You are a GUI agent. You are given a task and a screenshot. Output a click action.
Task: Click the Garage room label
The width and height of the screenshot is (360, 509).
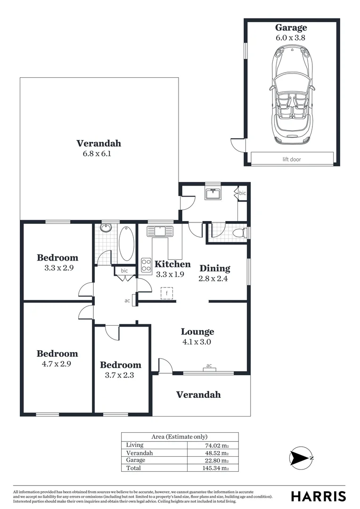291,28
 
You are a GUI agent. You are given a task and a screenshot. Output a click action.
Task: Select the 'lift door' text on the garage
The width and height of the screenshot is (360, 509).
291,159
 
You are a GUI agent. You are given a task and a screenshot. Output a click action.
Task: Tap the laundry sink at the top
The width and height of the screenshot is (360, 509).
213,193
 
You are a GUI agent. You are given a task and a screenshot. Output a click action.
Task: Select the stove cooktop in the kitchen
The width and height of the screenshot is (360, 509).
146,265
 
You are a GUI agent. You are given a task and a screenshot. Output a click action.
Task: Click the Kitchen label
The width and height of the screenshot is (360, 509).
172,264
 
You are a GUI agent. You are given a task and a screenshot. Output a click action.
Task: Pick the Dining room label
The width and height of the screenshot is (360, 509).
214,268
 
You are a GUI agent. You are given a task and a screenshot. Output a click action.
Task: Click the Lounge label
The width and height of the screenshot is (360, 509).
198,332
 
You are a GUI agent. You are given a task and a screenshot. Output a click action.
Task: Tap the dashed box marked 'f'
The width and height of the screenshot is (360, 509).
167,293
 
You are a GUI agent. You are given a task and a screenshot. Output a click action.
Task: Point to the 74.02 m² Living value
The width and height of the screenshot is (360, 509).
213,445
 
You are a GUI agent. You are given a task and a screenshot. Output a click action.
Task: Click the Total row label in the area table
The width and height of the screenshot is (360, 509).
133,468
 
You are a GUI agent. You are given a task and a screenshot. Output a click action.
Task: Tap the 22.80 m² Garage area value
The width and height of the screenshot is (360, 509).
213,460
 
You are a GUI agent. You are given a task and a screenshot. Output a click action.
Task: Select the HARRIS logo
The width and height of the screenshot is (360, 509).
318,496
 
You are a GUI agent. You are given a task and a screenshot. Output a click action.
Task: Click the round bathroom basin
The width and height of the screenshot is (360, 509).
106,229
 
